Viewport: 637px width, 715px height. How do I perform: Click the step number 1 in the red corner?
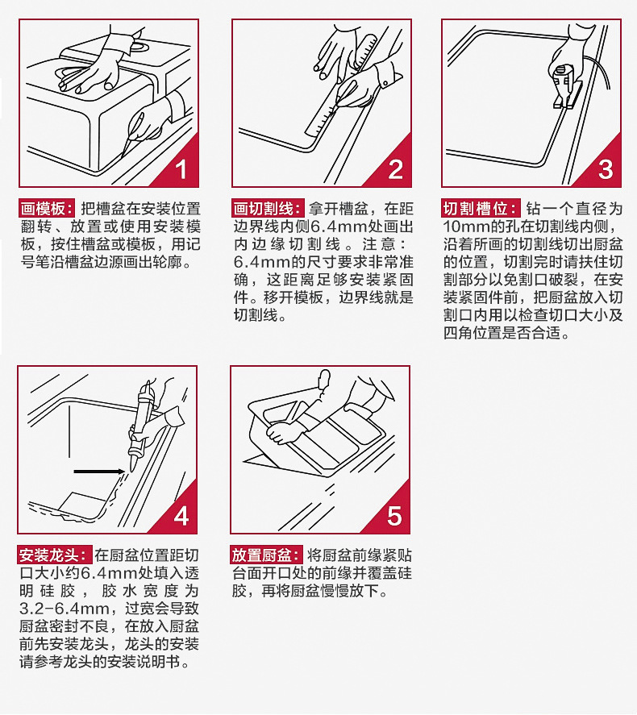[x=181, y=169]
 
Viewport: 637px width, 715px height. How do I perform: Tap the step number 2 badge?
[x=395, y=169]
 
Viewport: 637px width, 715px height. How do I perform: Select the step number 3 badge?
[x=606, y=169]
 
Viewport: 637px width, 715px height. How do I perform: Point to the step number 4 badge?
[x=181, y=516]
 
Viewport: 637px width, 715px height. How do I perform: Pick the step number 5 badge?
[x=394, y=516]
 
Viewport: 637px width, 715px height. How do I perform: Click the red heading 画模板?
[x=47, y=209]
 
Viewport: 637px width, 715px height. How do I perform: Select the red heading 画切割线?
[x=268, y=209]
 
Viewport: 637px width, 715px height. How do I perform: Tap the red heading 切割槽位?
[x=481, y=209]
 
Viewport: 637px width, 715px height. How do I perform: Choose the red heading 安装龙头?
[x=54, y=555]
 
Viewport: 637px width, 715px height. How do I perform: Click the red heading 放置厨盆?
[x=267, y=555]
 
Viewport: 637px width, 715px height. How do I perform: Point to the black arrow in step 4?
[x=99, y=471]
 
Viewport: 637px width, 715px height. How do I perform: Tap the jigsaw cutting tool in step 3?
[x=565, y=86]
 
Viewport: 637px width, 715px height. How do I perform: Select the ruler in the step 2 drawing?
[x=341, y=85]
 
